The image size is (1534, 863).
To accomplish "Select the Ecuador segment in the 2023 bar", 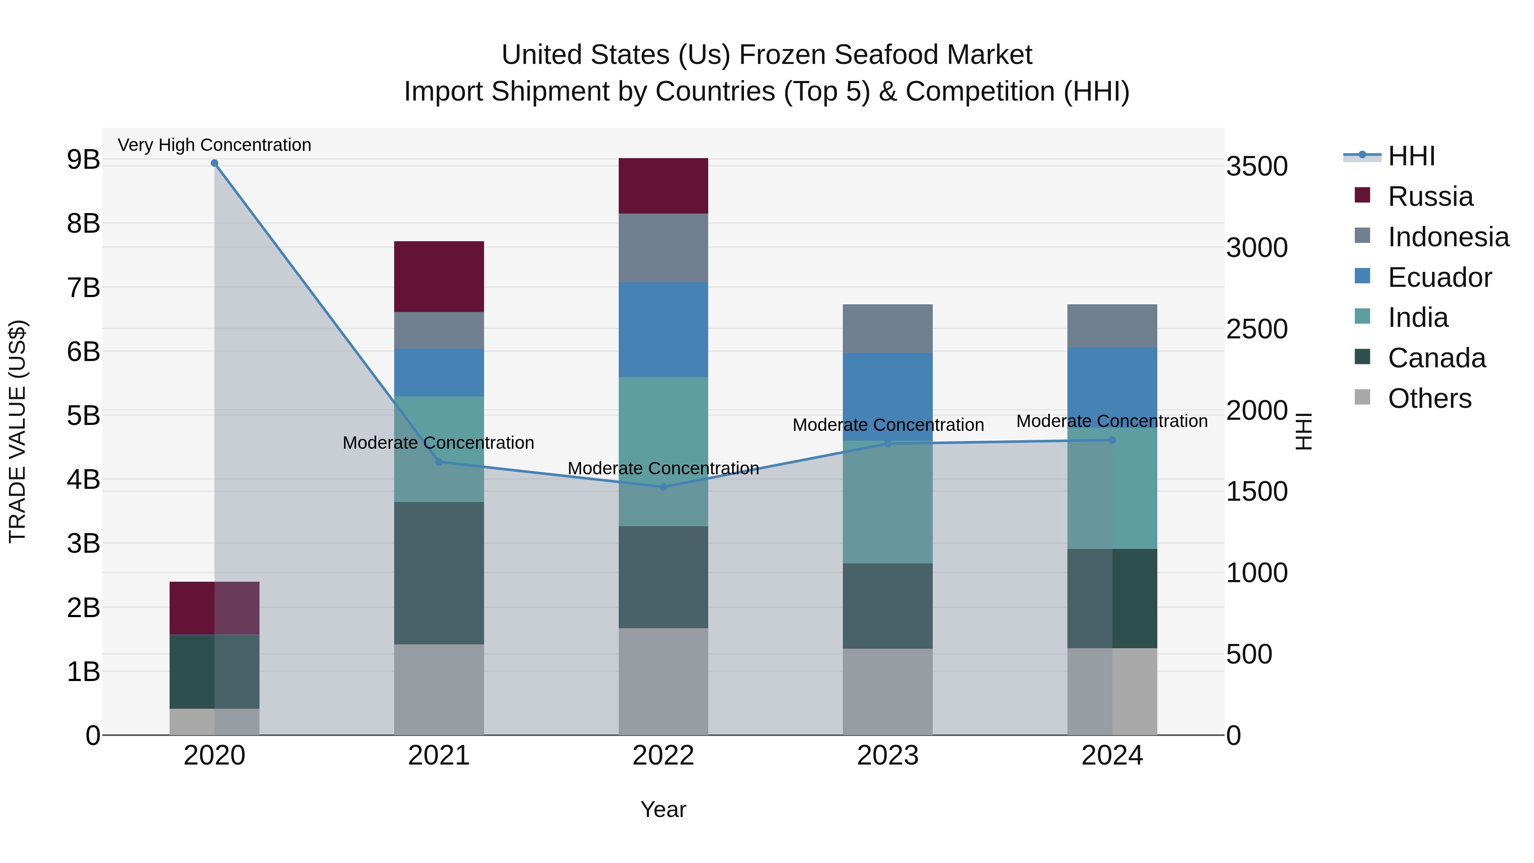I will [x=887, y=396].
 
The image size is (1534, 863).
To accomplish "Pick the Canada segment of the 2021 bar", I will [x=439, y=572].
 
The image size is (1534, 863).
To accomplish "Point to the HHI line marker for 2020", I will [x=214, y=163].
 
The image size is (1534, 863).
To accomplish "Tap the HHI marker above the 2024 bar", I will [x=1112, y=440].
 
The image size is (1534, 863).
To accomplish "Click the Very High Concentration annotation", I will [x=214, y=145].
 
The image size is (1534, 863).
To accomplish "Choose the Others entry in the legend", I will [x=1429, y=398].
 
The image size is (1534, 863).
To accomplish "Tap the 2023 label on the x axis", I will [x=887, y=756].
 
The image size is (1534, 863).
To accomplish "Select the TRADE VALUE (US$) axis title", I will [x=18, y=431].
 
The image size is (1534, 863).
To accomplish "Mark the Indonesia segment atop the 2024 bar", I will [x=1112, y=325].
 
